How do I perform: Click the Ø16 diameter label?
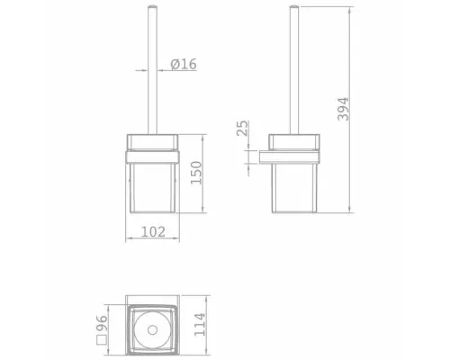184,64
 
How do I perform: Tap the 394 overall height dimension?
343,109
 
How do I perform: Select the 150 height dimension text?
196,173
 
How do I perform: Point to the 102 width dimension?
153,231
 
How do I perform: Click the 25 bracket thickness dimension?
242,129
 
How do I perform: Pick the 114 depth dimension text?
200,325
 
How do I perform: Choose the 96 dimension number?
102,323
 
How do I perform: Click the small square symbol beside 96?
102,340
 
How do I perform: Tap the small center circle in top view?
152,330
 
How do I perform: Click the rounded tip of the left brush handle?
152,6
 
